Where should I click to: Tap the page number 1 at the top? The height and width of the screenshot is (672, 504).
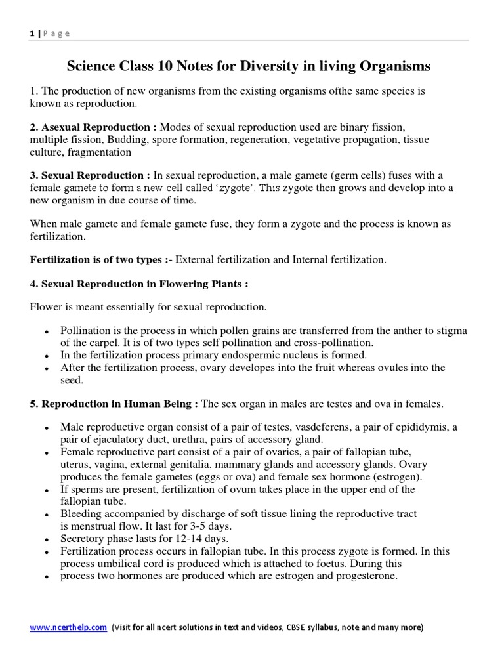point(31,33)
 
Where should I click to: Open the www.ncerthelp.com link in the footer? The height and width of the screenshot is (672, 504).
point(68,627)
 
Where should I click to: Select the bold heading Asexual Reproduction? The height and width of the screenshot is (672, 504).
point(93,127)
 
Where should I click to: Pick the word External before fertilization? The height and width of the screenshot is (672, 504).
point(198,259)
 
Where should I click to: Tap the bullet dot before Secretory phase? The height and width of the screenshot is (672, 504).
point(46,539)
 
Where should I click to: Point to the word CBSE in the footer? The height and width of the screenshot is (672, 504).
point(298,627)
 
